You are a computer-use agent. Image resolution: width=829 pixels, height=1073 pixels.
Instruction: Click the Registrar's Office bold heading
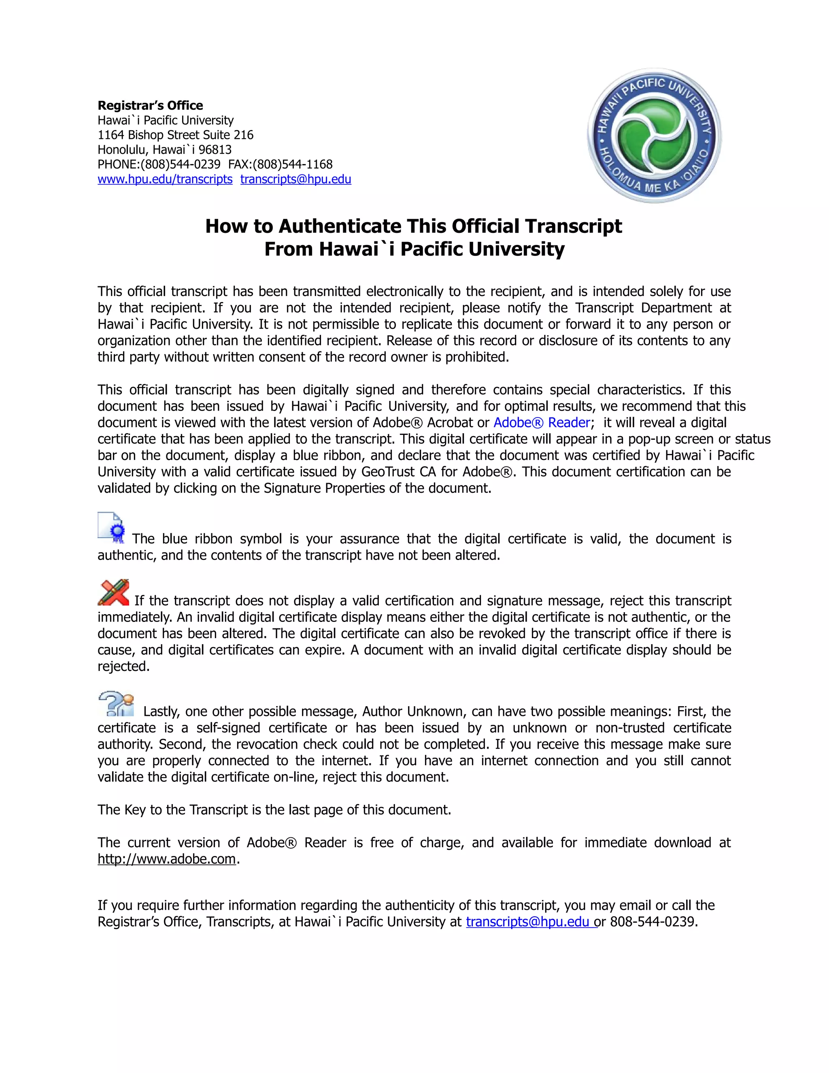(150, 106)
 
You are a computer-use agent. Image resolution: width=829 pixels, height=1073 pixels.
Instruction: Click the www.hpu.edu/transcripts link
(165, 179)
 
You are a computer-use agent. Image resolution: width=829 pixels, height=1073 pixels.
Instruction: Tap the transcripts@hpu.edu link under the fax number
(295, 179)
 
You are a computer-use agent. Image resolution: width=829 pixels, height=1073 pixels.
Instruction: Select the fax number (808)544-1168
(293, 164)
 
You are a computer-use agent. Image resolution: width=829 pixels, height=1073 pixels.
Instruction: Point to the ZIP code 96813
(215, 150)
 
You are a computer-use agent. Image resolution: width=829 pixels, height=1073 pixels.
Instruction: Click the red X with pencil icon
(113, 592)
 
